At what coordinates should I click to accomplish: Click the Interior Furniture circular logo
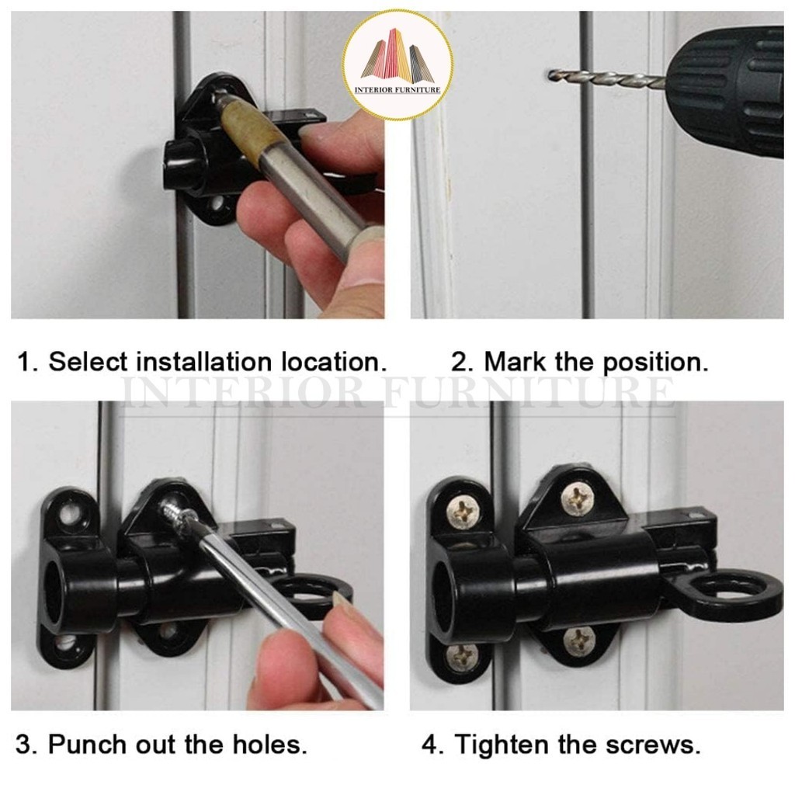pos(397,65)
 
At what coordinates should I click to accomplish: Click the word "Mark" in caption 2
pos(516,362)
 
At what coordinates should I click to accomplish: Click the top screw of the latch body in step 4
pos(578,499)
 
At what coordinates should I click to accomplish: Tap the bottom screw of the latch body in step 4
pos(578,640)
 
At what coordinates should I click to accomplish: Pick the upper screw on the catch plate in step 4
pos(463,512)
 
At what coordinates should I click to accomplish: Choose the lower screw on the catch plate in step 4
pos(462,658)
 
